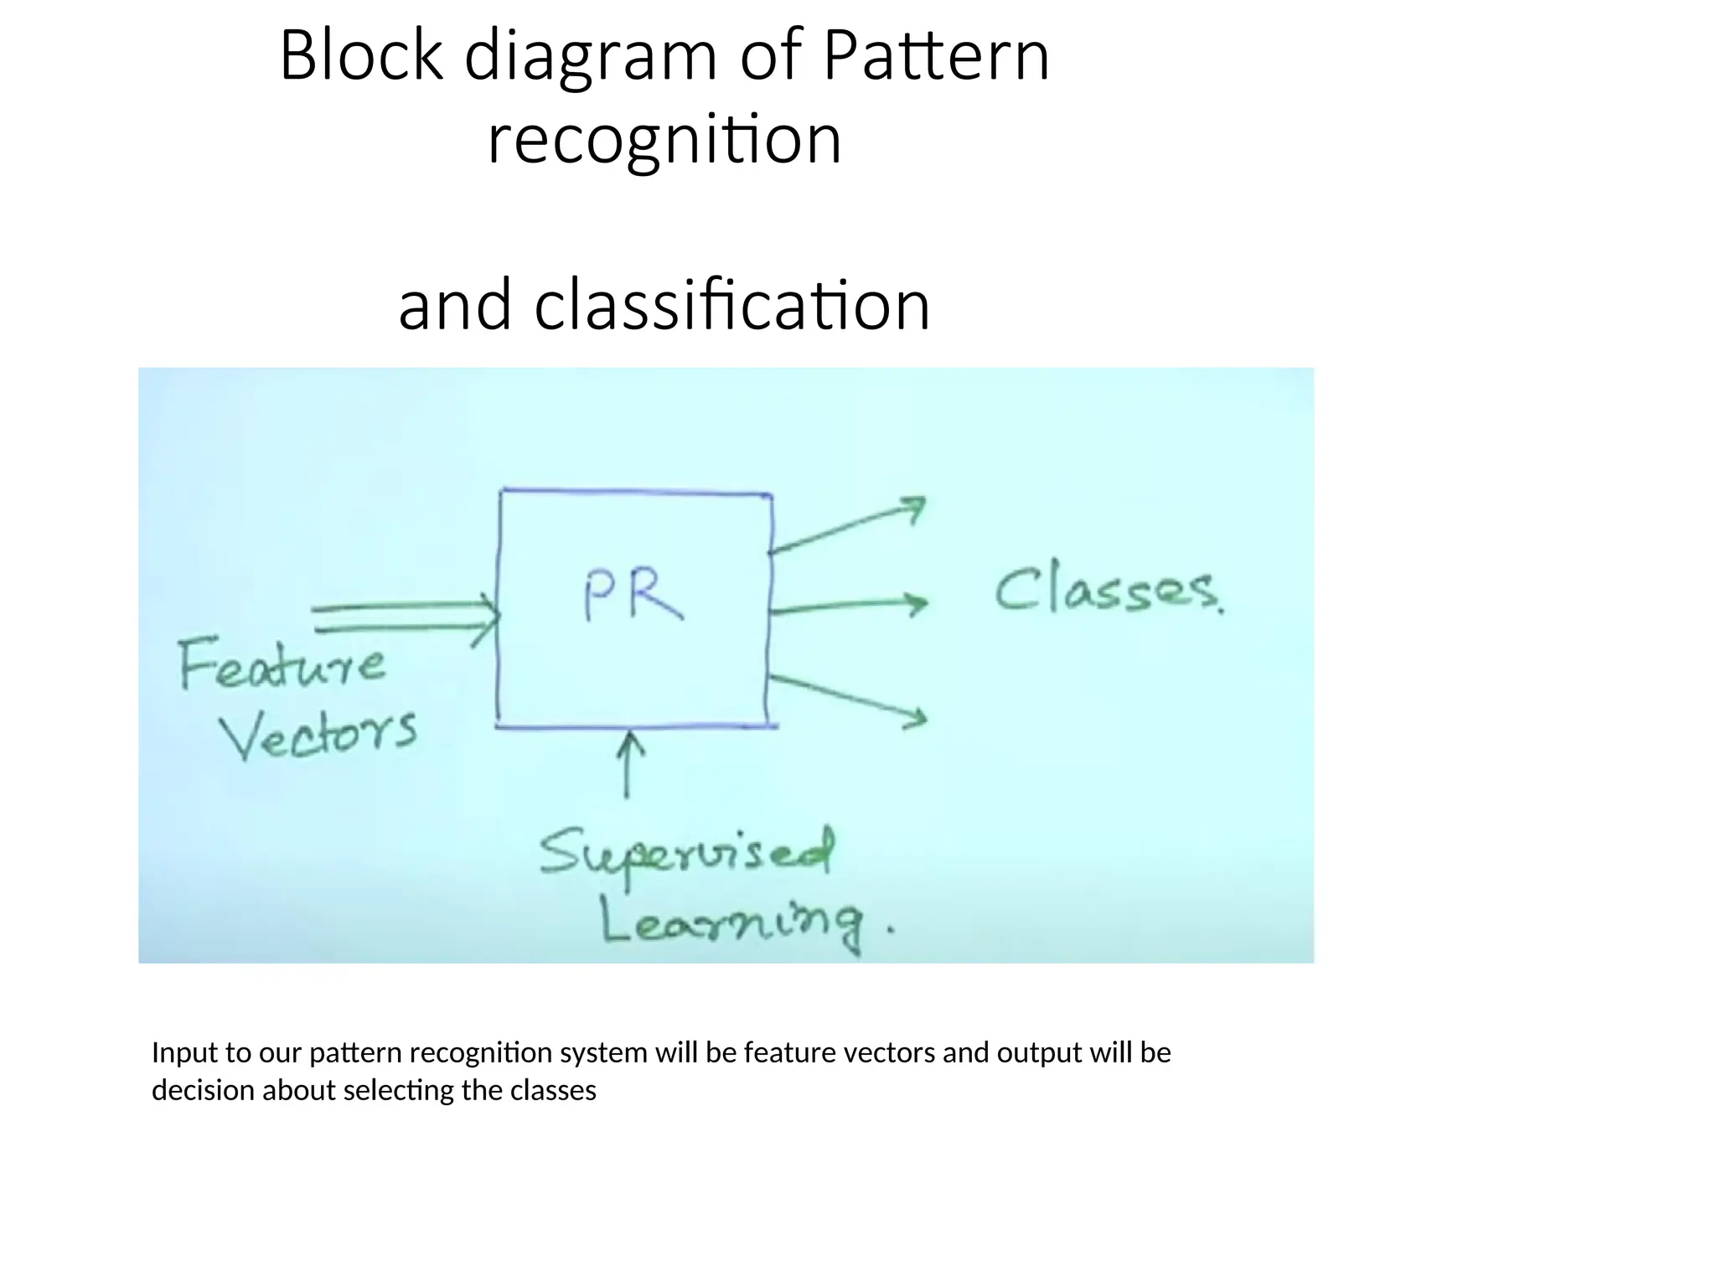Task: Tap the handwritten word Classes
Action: (x=1108, y=591)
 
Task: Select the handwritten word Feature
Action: (x=282, y=664)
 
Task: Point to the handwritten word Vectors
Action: (x=318, y=734)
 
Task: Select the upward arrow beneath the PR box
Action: (x=628, y=762)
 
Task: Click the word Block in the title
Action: (x=360, y=56)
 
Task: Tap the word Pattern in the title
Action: (x=936, y=56)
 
